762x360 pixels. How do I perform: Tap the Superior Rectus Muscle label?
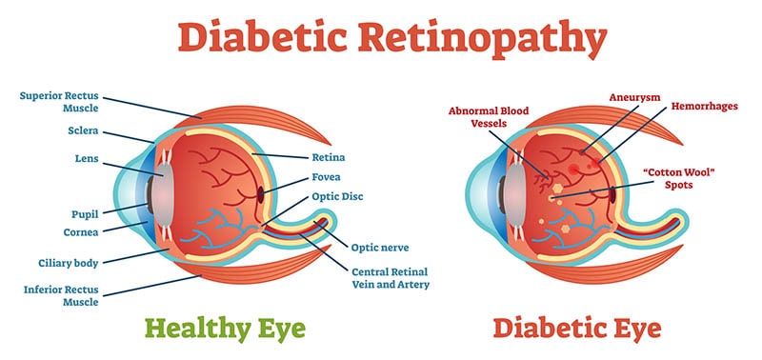tap(59, 101)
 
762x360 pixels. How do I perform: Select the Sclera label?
tap(83, 130)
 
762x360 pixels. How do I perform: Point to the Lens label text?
tap(87, 159)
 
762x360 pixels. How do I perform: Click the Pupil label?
tap(85, 214)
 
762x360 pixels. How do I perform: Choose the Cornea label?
tap(81, 232)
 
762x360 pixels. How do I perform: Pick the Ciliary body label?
tap(69, 263)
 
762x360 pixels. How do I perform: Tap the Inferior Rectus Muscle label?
tap(61, 295)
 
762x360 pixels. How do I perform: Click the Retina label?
tap(329, 157)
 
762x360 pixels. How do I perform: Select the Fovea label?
tap(326, 177)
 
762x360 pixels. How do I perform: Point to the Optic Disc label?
tap(337, 197)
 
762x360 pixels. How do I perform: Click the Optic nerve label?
tap(379, 248)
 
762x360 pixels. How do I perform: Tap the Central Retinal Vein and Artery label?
tap(391, 278)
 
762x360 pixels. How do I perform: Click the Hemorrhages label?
tap(705, 106)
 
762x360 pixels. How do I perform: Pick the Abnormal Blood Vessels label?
tap(489, 117)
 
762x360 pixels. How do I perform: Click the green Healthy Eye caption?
tap(225, 329)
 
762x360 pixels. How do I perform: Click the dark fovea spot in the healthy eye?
tap(260, 195)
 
